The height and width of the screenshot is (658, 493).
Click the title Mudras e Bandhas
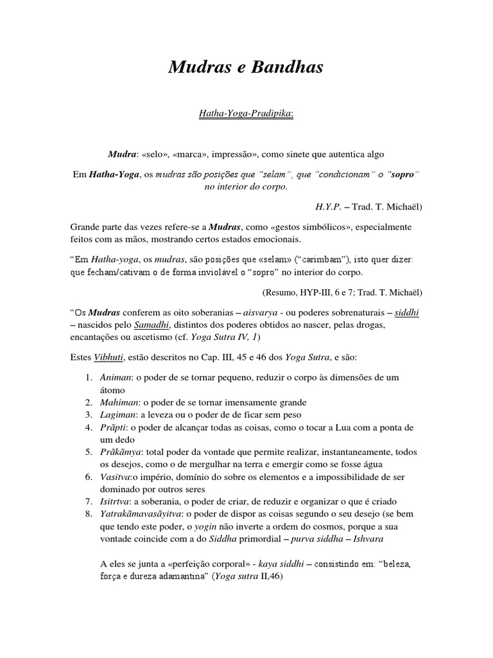tap(246, 66)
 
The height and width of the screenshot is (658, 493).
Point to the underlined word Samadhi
tap(148, 325)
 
